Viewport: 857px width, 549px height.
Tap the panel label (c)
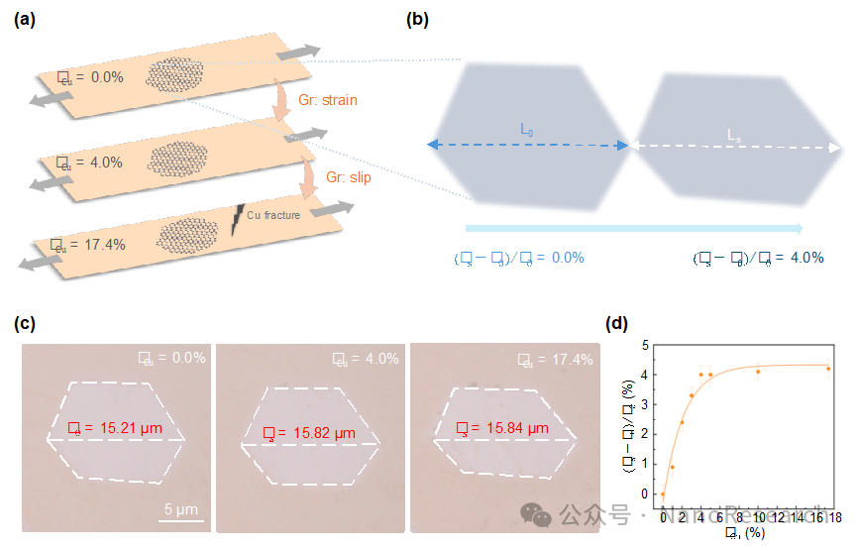[25, 323]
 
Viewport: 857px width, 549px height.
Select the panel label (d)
[616, 323]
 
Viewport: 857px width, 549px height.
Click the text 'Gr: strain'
[327, 100]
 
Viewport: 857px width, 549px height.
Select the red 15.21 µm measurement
[118, 429]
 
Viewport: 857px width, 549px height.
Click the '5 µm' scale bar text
[183, 509]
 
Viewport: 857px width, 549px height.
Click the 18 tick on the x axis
[835, 518]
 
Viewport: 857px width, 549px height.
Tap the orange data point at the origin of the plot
[663, 494]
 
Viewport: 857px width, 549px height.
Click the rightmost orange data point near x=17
[828, 369]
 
